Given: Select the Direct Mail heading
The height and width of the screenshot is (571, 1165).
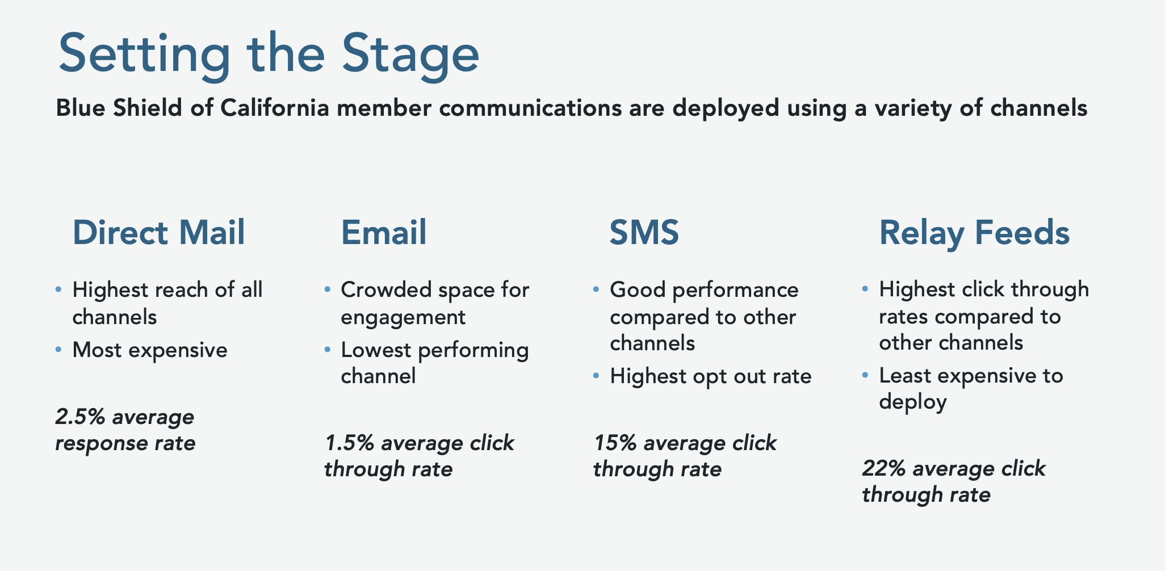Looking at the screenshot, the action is point(159,233).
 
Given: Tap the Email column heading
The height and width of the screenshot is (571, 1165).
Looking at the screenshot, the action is point(384,233).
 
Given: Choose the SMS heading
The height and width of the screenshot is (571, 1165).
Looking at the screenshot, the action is point(644,233).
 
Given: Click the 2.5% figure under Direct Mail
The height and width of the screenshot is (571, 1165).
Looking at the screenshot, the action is point(80,417).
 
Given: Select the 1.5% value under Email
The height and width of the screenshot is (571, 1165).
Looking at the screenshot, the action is point(349,443).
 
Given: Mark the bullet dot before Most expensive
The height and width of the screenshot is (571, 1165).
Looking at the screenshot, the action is point(58,350).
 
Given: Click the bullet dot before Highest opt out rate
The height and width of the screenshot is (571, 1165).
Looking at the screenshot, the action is point(596,376).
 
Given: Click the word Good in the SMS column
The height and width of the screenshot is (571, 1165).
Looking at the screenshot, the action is point(638,290).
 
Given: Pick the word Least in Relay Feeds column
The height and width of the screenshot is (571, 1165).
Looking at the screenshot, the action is point(905,375).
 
